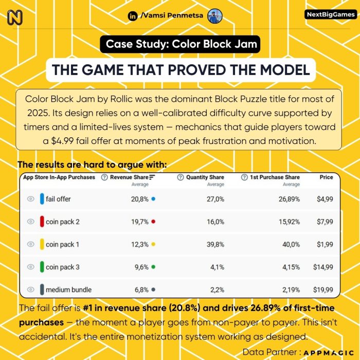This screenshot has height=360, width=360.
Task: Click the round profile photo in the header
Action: (214, 16)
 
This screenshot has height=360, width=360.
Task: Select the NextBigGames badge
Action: (330, 15)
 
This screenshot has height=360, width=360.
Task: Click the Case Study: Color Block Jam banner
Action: (179, 44)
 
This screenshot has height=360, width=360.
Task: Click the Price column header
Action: (326, 177)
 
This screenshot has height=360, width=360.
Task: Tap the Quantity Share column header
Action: (204, 177)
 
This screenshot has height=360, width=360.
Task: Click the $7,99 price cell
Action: (322, 222)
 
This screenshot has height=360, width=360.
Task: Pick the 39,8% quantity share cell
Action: (214, 244)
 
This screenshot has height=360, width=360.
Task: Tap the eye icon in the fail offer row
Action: (30, 199)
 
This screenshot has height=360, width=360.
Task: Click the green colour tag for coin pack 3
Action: (42, 267)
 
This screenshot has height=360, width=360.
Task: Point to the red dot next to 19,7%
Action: (153, 222)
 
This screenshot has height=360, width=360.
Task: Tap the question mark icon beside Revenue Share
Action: (104, 177)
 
